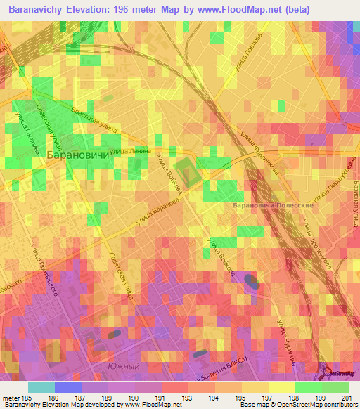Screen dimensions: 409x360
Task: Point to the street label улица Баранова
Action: (x=162, y=208)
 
